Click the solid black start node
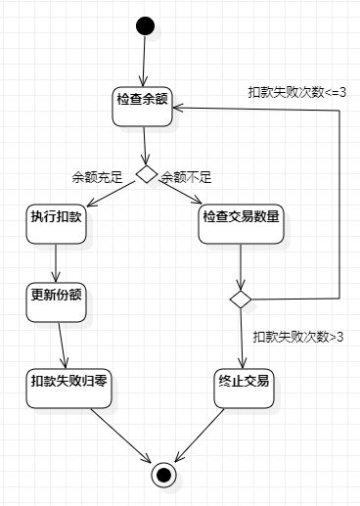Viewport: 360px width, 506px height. click(x=145, y=25)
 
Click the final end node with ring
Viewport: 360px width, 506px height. click(x=163, y=475)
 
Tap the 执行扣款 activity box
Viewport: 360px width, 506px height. click(x=55, y=224)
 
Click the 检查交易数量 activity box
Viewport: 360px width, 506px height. click(x=241, y=224)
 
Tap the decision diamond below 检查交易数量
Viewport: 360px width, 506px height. click(x=241, y=297)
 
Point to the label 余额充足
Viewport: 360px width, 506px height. click(x=96, y=177)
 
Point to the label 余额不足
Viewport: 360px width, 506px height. click(x=187, y=177)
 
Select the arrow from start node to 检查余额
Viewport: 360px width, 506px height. click(x=144, y=61)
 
